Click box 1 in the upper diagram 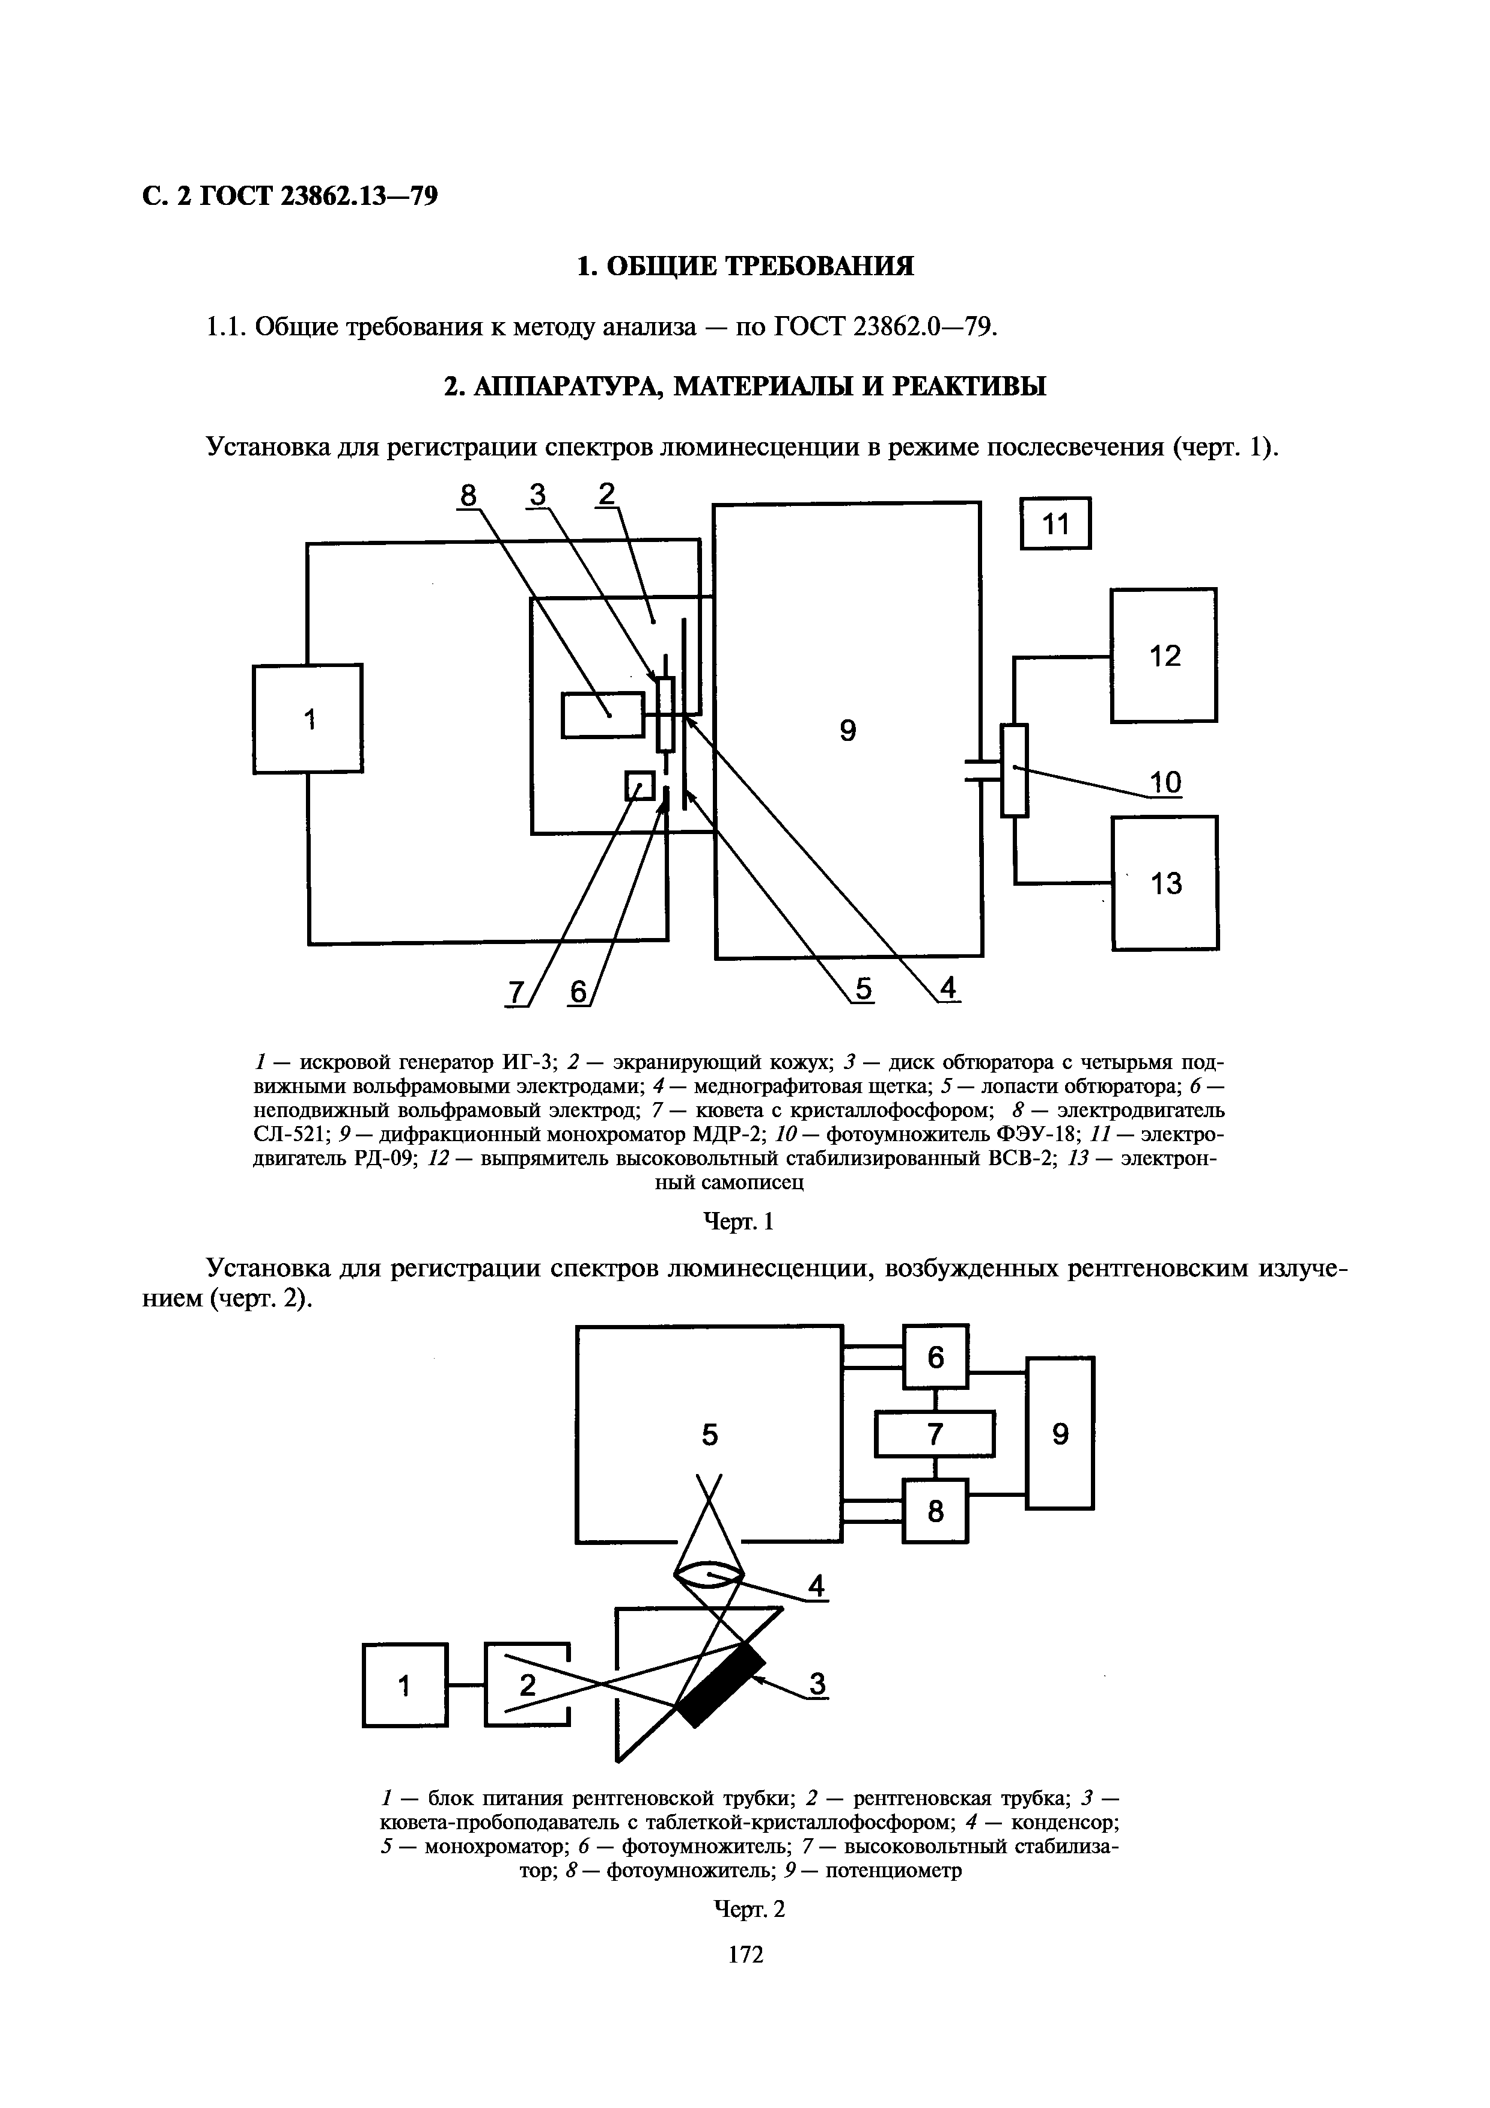click(308, 719)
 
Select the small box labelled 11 click(1056, 523)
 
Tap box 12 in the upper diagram click(1164, 654)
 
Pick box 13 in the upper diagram click(1165, 882)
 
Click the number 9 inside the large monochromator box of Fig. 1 click(847, 731)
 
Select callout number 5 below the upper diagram click(863, 989)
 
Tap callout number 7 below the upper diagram click(516, 993)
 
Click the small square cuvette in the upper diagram click(640, 786)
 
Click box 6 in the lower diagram click(935, 1357)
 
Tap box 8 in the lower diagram click(935, 1510)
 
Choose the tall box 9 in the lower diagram click(1060, 1433)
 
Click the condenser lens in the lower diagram click(709, 1576)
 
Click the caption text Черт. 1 click(739, 1221)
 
